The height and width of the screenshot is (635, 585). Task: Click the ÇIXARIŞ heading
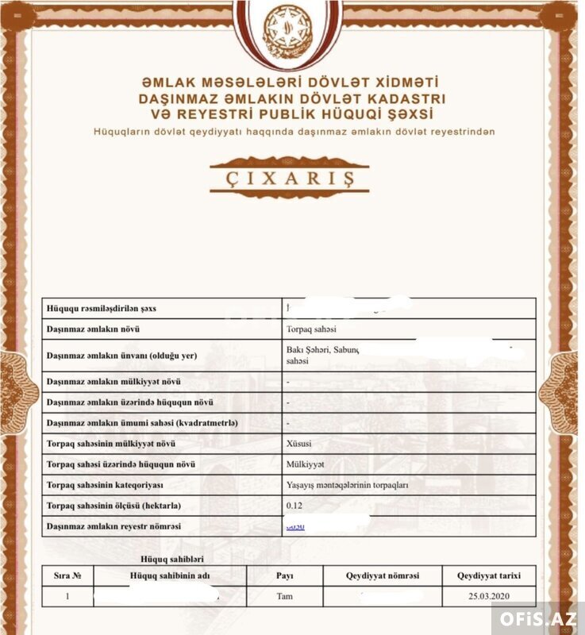[289, 177]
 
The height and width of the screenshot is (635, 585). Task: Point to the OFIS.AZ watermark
[538, 618]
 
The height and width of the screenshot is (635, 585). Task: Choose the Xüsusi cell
[298, 444]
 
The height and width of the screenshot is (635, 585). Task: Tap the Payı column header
[284, 575]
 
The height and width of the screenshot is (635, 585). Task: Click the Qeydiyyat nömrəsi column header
[382, 575]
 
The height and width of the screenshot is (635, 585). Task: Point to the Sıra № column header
[67, 575]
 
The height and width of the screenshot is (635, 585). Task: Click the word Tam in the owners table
[284, 595]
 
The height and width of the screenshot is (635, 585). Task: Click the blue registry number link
[294, 526]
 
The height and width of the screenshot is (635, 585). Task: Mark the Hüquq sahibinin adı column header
[170, 575]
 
